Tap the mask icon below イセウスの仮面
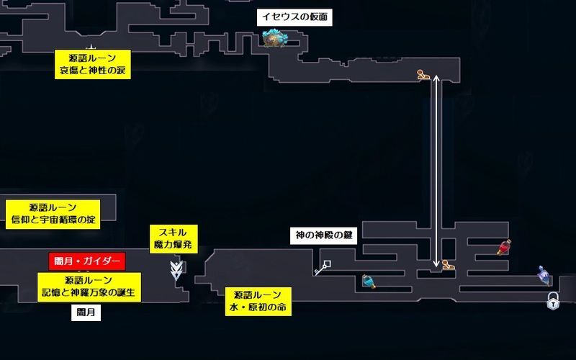pyautogui.click(x=274, y=37)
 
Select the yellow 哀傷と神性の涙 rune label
pyautogui.click(x=95, y=63)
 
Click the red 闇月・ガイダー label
pyautogui.click(x=87, y=261)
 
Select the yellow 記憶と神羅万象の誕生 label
pyautogui.click(x=89, y=287)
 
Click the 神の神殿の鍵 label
pyautogui.click(x=323, y=235)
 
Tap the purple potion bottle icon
pyautogui.click(x=543, y=273)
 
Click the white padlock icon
pyautogui.click(x=552, y=301)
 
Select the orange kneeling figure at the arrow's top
pyautogui.click(x=424, y=74)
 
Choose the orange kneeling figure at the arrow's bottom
pyautogui.click(x=448, y=265)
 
